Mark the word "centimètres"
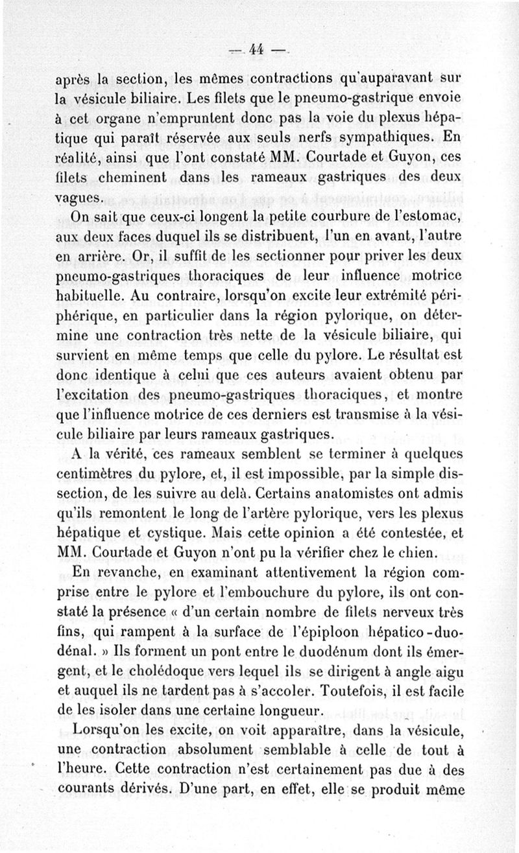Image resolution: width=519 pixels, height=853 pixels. (96, 474)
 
